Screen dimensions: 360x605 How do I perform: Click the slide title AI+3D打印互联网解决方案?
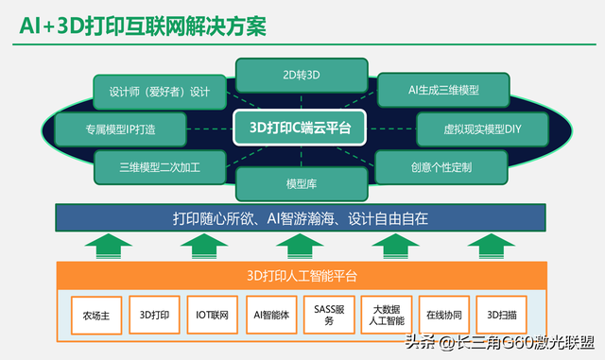point(142,26)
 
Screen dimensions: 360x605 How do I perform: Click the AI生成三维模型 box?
point(443,90)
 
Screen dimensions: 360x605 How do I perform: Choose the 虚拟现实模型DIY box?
point(469,128)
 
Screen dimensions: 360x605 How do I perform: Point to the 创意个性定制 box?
point(441,167)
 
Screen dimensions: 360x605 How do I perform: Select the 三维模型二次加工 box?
point(159,167)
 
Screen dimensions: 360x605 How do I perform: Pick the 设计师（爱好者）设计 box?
point(159,92)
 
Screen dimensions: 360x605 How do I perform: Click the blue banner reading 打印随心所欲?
point(301,219)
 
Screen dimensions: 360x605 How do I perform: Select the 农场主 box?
point(96,316)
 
